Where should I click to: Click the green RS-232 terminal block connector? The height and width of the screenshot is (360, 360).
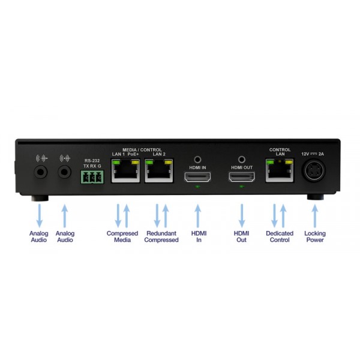92,177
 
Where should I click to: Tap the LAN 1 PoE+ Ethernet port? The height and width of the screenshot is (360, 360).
125,171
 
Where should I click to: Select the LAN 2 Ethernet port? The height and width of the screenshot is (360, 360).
158,171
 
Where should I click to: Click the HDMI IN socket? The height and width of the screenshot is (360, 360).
197,177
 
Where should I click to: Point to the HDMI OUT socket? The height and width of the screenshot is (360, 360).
242,177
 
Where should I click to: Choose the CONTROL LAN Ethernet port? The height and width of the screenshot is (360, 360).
280,170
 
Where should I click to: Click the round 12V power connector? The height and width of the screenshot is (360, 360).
314,170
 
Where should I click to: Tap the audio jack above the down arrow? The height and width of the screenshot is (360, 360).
41,172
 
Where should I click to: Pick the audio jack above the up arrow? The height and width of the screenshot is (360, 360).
65,172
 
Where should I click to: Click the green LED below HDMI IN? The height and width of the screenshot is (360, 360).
197,187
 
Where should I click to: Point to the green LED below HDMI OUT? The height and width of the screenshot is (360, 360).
242,187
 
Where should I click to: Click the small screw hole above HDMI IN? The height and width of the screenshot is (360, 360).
197,160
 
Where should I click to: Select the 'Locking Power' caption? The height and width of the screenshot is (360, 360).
315,236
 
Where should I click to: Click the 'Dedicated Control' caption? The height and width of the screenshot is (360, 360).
280,236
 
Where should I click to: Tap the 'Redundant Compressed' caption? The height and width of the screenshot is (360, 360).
161,236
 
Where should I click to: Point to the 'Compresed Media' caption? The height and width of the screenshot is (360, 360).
122,236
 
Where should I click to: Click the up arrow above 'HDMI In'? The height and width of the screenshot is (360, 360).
197,216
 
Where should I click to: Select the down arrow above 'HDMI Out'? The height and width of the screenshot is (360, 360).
242,216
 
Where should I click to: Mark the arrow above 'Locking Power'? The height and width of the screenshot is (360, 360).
315,216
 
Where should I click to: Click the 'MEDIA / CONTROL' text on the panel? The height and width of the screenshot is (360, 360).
142,149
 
